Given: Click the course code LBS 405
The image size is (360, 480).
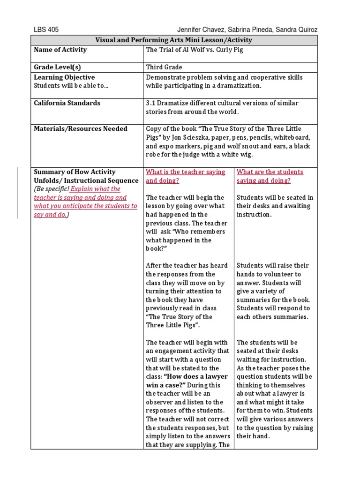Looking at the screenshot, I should [46, 29].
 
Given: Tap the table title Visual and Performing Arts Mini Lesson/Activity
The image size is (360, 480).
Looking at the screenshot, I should [174, 40].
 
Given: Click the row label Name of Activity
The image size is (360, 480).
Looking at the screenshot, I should [60, 50].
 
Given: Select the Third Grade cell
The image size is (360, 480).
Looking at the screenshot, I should [164, 67].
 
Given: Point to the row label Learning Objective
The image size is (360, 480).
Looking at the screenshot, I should [64, 77].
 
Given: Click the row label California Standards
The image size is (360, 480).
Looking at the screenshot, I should [67, 103].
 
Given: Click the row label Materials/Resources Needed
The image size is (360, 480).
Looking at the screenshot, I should [81, 128].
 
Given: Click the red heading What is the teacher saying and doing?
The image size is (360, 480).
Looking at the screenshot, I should [186, 176].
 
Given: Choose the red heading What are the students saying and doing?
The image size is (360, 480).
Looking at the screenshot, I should [270, 176].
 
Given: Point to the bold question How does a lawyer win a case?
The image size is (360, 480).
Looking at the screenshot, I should [187, 381].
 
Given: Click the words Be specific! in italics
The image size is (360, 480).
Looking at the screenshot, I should [52, 189].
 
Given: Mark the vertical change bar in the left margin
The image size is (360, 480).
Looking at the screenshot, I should [17, 193].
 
